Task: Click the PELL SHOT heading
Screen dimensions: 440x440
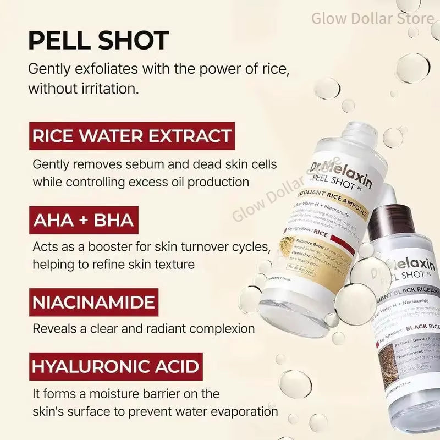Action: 98,40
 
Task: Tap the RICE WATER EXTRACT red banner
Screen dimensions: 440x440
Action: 130,136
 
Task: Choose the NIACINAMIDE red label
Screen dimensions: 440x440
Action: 94,303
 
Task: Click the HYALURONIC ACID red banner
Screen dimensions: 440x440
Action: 116,367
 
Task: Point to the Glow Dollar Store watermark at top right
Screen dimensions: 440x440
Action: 372,18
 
